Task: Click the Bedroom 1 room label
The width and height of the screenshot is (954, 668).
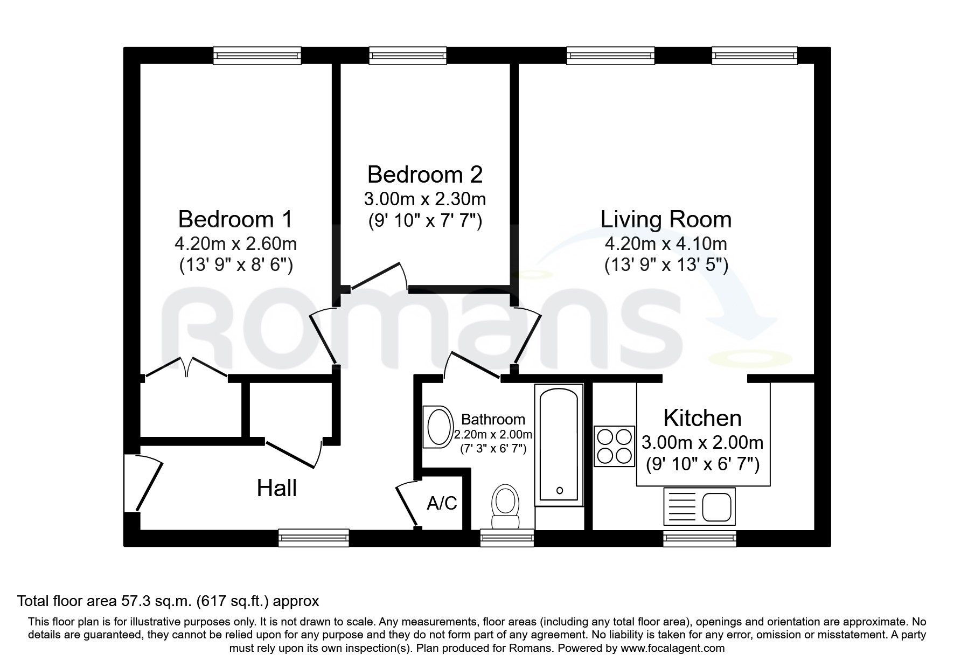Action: (x=235, y=219)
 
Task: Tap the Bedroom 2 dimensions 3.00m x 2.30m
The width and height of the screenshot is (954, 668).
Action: (x=424, y=199)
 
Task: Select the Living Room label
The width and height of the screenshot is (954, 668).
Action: (x=666, y=219)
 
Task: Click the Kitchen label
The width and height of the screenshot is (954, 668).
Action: (x=702, y=418)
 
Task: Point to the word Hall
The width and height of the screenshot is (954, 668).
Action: (x=276, y=488)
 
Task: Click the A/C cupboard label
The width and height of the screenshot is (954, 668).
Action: (x=442, y=503)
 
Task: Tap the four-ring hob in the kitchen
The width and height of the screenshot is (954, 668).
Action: (x=614, y=446)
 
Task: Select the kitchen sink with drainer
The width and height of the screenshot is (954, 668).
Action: (x=699, y=506)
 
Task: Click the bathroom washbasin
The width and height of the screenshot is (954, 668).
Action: (x=437, y=427)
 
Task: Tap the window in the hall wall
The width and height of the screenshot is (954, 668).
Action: (x=314, y=538)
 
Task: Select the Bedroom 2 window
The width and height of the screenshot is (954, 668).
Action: (x=408, y=55)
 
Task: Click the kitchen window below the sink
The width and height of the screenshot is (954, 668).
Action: (x=699, y=538)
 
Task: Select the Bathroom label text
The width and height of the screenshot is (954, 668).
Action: (x=493, y=419)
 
